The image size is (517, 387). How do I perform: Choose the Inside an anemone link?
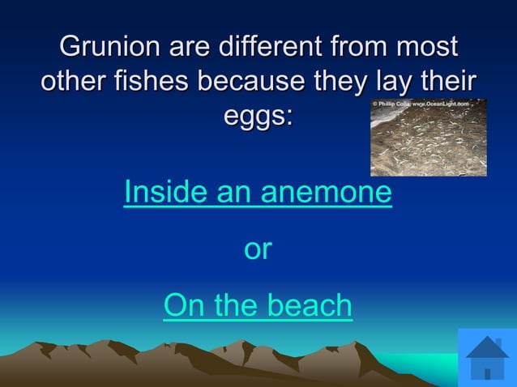(x=258, y=193)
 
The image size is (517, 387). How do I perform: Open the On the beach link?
(x=258, y=306)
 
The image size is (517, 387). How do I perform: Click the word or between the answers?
(x=258, y=249)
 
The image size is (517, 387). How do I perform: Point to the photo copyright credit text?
(x=428, y=104)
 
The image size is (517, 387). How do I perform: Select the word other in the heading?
(x=70, y=81)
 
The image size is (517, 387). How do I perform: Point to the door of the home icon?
(x=487, y=373)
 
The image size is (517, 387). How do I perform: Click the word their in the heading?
(x=446, y=81)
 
